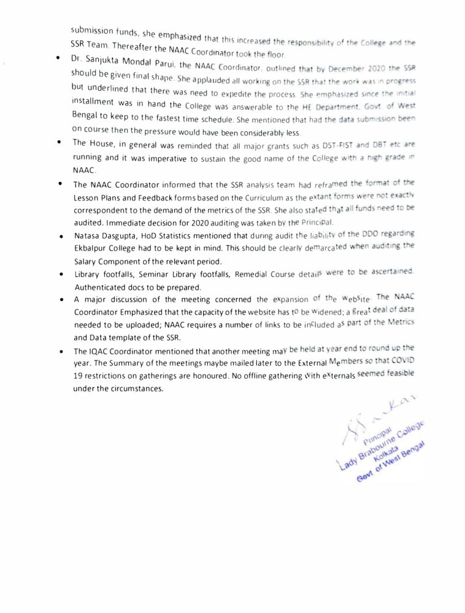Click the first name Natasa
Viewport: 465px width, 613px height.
pyautogui.click(x=90, y=235)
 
